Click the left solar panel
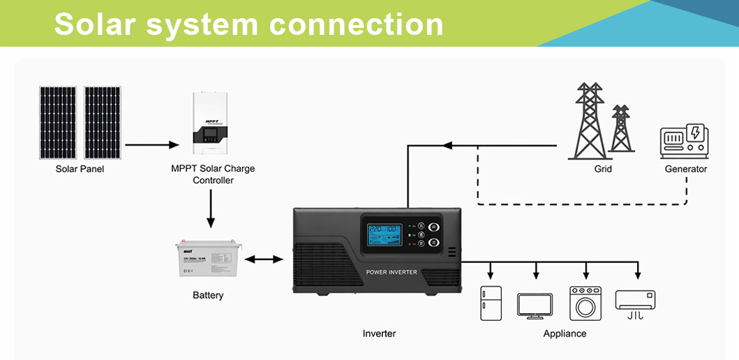point(58,123)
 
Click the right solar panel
point(102,123)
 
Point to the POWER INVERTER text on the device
point(391,272)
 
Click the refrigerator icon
point(491,303)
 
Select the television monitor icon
point(535,306)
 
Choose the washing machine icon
point(585,303)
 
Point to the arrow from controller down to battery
point(210,209)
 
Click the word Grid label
point(603,169)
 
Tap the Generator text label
point(685,169)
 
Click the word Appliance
point(565,333)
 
